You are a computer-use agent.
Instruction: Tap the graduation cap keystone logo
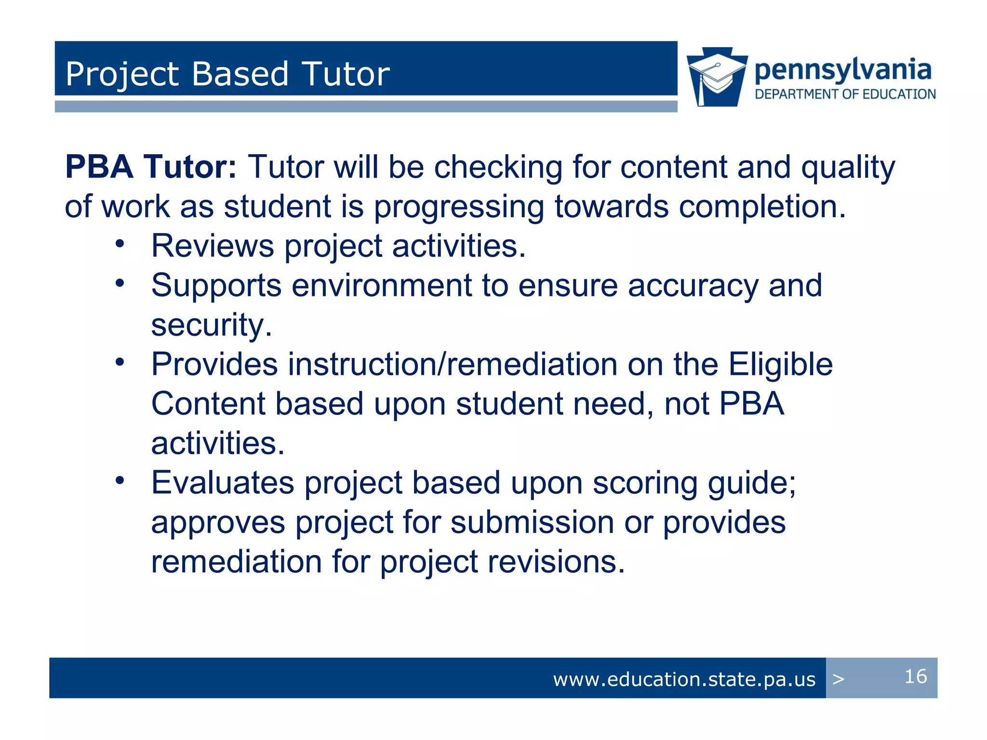pos(717,77)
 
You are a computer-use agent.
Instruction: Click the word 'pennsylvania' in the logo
pos(842,70)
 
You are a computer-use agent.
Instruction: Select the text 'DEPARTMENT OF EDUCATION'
pos(845,94)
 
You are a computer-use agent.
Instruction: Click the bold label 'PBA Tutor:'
pos(150,167)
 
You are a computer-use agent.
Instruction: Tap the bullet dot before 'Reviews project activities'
pos(120,244)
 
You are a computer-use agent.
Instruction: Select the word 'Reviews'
pos(212,246)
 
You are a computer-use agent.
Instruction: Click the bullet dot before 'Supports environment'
pos(120,283)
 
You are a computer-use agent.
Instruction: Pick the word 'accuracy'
pos(693,286)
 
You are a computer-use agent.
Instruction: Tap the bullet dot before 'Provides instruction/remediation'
pos(120,362)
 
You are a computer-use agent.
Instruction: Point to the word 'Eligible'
pos(780,364)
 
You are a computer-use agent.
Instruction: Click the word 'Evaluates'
pos(222,483)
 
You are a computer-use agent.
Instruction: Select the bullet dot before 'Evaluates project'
pos(120,480)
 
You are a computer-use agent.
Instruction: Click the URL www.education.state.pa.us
pos(684,679)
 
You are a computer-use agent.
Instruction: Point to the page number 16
pos(915,676)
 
